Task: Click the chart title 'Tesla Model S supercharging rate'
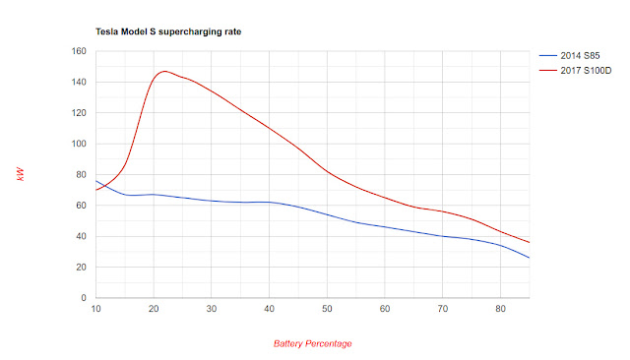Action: pos(168,32)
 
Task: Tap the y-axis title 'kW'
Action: pos(21,174)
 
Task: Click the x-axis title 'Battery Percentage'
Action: pos(313,343)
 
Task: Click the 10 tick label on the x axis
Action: pos(95,310)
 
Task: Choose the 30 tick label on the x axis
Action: pos(211,310)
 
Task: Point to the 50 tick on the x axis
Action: pos(327,310)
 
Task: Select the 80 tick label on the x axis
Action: pos(500,310)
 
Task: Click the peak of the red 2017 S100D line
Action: pos(164,71)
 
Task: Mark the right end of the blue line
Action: pos(529,258)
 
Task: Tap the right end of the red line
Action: pos(529,242)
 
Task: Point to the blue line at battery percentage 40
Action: pos(269,203)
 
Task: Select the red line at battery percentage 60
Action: pos(384,199)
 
